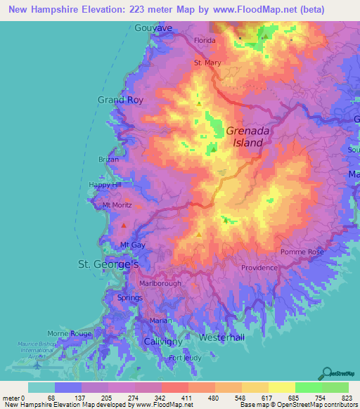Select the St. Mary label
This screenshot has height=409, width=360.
point(207,63)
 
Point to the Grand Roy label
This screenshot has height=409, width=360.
point(120,100)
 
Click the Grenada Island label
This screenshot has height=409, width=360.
point(245,136)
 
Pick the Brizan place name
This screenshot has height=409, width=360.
point(109,160)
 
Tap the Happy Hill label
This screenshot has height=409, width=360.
point(105,185)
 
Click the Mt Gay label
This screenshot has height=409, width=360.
point(132,245)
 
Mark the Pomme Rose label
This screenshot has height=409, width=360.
point(302,252)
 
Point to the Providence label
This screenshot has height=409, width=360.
point(259,268)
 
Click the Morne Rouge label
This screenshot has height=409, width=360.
point(70,333)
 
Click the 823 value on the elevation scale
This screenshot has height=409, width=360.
point(345,397)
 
